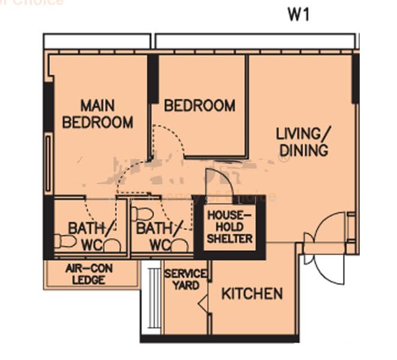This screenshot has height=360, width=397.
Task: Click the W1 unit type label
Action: point(298,14)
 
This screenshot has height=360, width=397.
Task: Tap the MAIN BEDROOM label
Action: point(98,114)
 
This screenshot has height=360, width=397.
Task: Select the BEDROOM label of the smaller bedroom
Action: point(199,106)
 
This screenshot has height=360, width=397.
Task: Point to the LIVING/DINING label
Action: point(302,141)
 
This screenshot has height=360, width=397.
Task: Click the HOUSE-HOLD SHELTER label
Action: point(229,226)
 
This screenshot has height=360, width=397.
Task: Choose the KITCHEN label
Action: point(252,293)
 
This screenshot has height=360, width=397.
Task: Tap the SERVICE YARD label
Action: point(186,280)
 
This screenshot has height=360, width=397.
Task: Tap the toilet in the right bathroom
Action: point(142,213)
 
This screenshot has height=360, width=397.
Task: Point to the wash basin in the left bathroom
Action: point(112,245)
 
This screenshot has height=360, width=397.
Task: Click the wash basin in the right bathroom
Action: point(179,245)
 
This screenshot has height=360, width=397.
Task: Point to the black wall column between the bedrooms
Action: point(153,79)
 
